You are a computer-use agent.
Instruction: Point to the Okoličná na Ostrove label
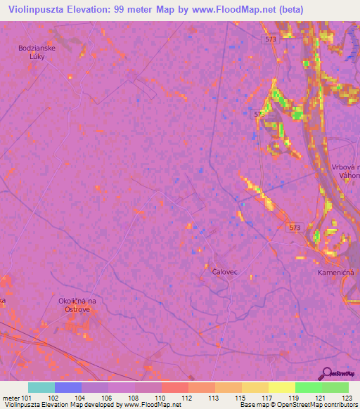76,305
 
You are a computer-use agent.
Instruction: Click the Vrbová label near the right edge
346,167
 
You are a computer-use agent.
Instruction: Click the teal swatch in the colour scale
41,387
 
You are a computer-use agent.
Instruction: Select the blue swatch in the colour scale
68,387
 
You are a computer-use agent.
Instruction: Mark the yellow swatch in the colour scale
281,387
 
